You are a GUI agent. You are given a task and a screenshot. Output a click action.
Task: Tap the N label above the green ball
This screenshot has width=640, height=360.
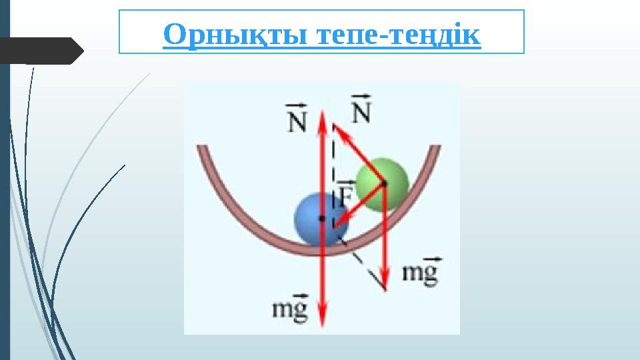click(360, 109)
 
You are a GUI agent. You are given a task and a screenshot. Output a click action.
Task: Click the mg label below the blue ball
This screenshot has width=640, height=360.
click(291, 309)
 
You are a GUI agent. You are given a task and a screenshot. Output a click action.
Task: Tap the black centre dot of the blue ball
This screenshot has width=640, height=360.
click(321, 218)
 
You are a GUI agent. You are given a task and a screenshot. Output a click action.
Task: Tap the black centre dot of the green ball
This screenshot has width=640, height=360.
click(384, 181)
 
